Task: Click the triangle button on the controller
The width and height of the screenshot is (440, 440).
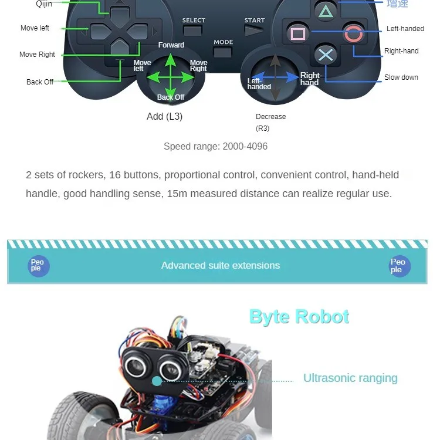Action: pos(325,10)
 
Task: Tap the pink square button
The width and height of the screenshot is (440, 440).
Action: pos(298,33)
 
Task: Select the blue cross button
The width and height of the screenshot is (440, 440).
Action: pos(326,55)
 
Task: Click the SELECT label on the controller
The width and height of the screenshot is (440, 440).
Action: pos(194,21)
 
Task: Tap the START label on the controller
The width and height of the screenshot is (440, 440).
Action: pos(255,21)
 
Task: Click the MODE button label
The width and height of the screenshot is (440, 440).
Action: pos(224,42)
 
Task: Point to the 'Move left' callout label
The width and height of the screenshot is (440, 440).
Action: pos(35,28)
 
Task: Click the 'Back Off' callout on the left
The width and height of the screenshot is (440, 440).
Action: pos(40,82)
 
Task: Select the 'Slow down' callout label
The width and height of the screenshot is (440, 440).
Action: pos(401,77)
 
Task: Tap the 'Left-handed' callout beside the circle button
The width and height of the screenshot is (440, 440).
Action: pos(405,29)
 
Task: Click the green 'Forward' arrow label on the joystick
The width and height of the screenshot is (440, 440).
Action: pos(171,45)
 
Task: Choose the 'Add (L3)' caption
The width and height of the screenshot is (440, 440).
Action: pos(164,116)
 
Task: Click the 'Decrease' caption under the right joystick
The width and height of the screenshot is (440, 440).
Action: pos(270,117)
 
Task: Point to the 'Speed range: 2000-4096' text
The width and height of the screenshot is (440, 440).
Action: pos(215,146)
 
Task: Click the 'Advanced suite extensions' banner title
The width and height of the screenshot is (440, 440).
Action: pos(221,265)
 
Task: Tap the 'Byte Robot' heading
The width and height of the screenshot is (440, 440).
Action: pos(299,317)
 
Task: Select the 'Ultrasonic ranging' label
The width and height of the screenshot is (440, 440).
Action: pos(350,378)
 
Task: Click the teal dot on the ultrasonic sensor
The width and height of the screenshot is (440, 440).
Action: pos(157,381)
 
